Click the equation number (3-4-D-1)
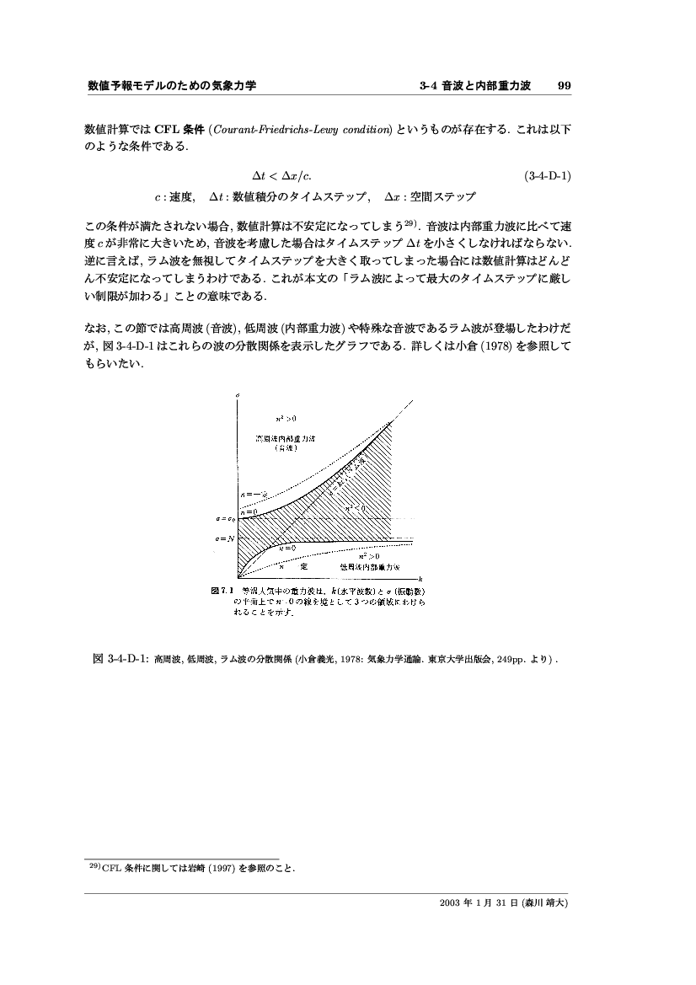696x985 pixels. (548, 177)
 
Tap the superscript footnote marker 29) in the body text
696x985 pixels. (411, 223)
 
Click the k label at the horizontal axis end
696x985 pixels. (420, 571)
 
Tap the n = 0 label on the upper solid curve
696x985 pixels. (249, 511)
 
